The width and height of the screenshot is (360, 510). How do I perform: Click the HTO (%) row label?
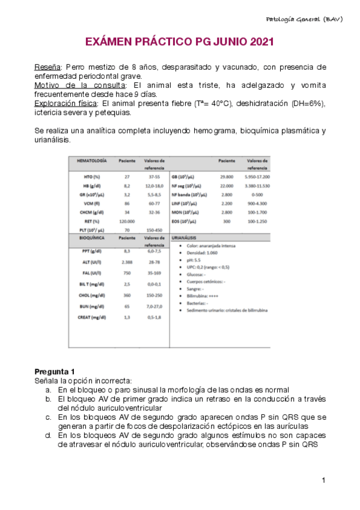[92, 177]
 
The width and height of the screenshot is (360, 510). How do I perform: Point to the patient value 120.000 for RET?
[127, 221]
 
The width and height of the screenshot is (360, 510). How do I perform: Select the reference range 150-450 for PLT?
[154, 230]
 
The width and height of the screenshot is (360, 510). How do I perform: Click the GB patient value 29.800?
[227, 177]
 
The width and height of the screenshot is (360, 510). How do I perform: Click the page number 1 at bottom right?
[324, 480]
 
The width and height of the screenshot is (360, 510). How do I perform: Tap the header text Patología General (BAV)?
[304, 19]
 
